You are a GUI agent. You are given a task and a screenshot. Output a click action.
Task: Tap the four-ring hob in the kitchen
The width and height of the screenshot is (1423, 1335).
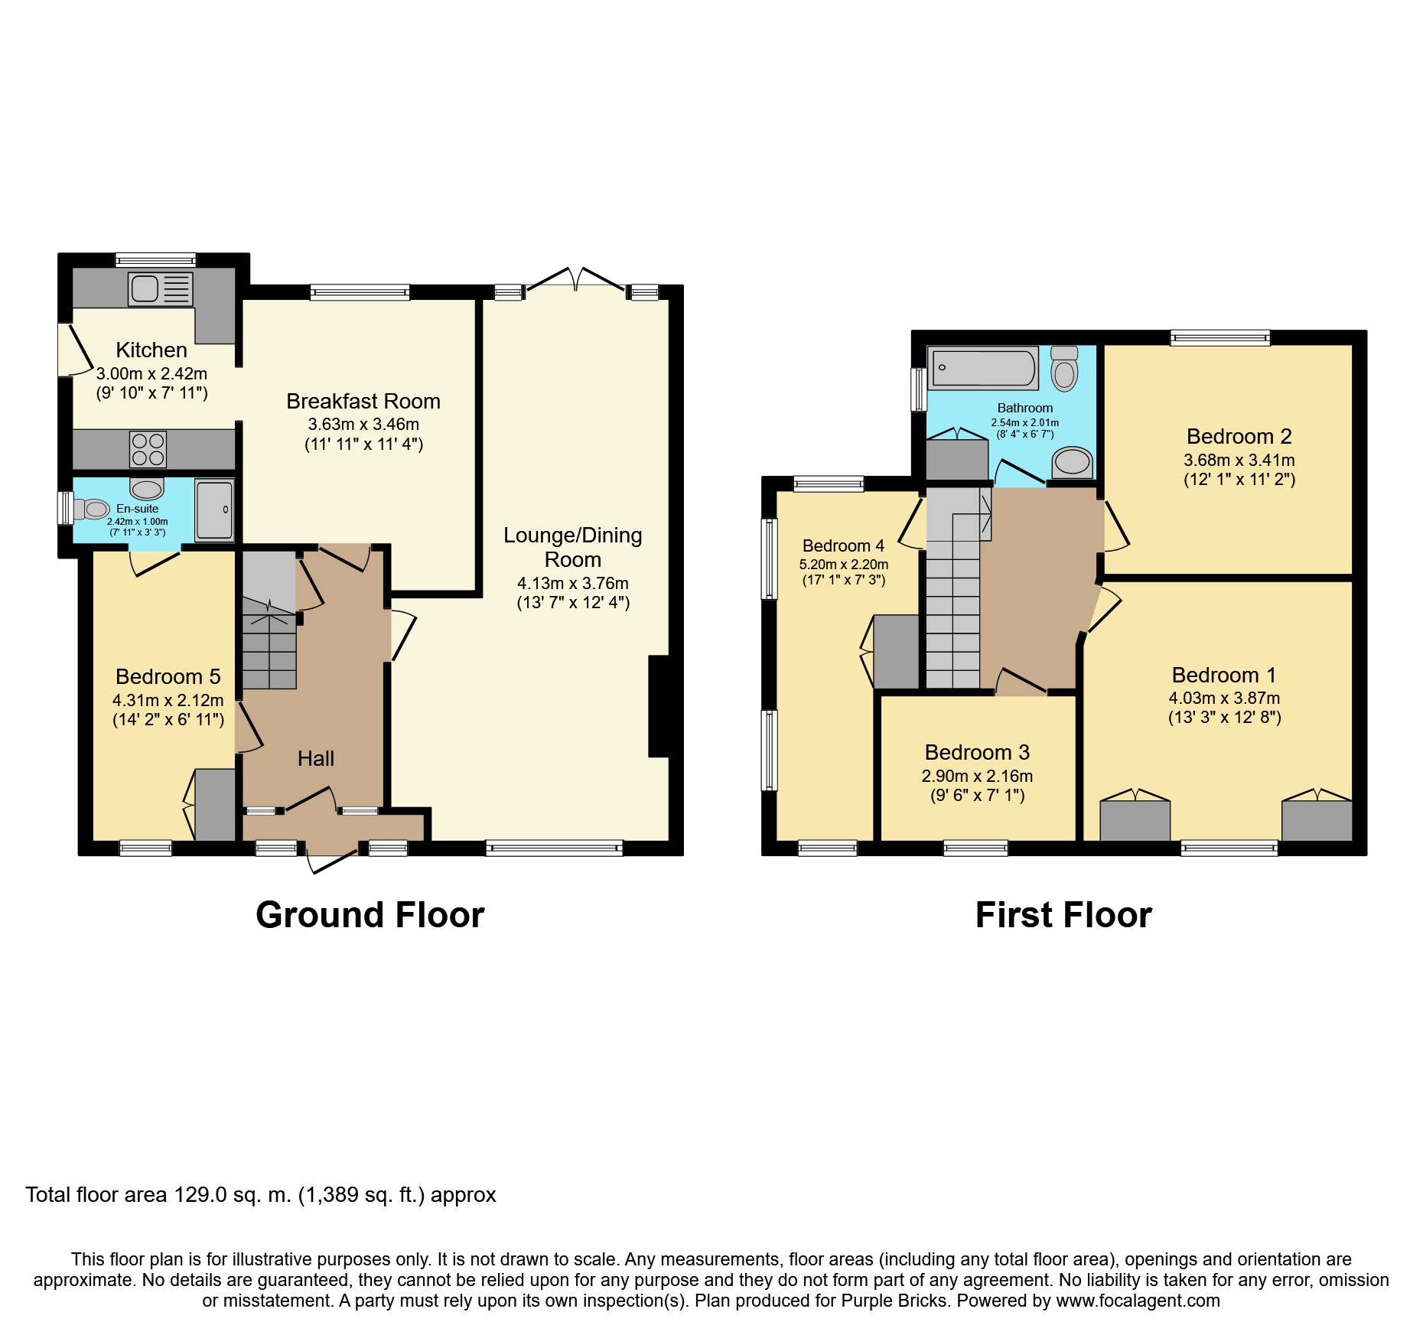pyautogui.click(x=148, y=450)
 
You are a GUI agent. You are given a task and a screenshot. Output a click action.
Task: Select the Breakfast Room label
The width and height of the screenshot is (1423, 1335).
pyautogui.click(x=363, y=402)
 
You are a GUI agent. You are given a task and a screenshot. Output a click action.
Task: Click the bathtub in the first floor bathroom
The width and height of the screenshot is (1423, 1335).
pyautogui.click(x=983, y=367)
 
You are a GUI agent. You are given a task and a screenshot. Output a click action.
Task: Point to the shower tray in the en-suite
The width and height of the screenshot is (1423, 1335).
pyautogui.click(x=214, y=510)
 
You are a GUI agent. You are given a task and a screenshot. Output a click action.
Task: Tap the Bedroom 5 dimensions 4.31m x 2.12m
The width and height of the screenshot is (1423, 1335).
pyautogui.click(x=168, y=700)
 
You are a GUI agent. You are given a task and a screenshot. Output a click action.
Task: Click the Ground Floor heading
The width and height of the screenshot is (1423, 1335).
pyautogui.click(x=370, y=915)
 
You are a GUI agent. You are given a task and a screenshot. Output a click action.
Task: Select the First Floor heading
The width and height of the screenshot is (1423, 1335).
pyautogui.click(x=1063, y=915)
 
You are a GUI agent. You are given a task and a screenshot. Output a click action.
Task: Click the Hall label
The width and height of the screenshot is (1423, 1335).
pyautogui.click(x=316, y=758)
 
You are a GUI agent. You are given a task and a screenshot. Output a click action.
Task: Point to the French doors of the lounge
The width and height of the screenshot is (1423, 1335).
pyautogui.click(x=575, y=280)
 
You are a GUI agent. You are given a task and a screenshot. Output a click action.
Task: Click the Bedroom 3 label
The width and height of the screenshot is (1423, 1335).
pyautogui.click(x=977, y=753)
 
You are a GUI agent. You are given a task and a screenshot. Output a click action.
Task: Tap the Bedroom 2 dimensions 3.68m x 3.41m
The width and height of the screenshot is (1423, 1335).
pyautogui.click(x=1239, y=461)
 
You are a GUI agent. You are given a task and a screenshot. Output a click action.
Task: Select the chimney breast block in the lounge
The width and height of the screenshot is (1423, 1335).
pyautogui.click(x=663, y=706)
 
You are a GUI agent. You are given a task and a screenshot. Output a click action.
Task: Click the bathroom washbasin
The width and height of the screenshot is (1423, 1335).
pyautogui.click(x=1072, y=462)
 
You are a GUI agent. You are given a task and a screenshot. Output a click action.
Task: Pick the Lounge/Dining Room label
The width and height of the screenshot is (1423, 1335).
pyautogui.click(x=573, y=547)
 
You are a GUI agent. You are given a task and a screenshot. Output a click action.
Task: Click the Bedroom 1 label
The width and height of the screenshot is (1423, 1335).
pyautogui.click(x=1224, y=676)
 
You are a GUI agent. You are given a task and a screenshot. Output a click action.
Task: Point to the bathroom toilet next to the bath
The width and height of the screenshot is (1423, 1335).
pyautogui.click(x=1064, y=369)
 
